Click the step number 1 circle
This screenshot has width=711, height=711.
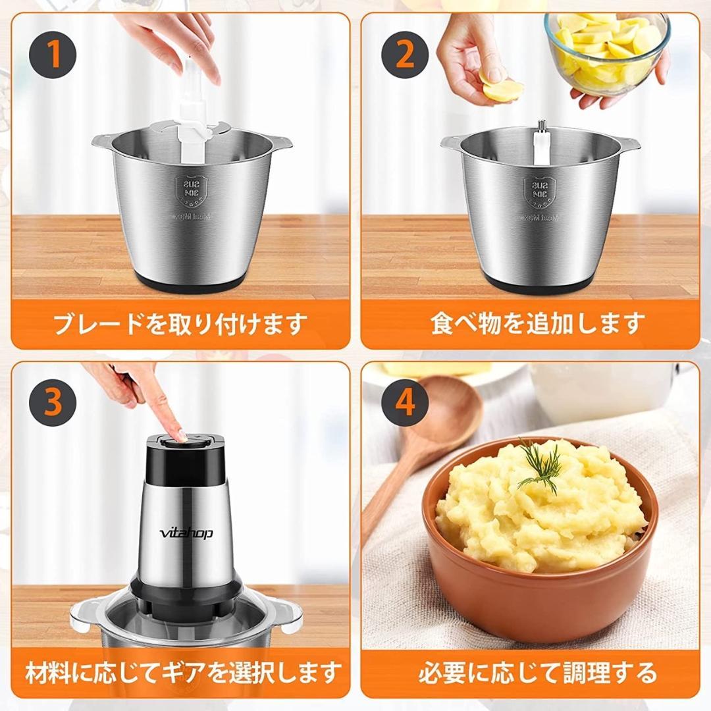coord(53,55)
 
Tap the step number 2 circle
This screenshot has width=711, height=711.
coord(404,55)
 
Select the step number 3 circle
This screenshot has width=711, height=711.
coord(53,402)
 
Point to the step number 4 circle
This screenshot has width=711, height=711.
coord(404,402)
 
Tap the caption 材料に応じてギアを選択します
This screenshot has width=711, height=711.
coord(182,672)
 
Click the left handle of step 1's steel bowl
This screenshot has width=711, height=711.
coord(103,140)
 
